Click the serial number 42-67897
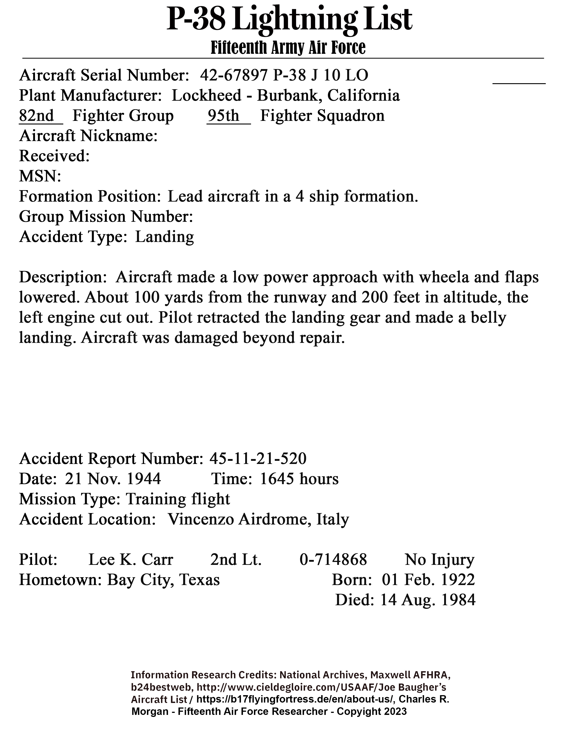(x=234, y=75)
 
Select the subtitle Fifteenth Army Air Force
(x=288, y=48)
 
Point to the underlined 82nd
(x=37, y=116)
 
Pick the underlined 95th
(x=224, y=116)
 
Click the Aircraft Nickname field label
(x=88, y=136)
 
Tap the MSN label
(x=40, y=176)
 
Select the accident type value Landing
(x=164, y=237)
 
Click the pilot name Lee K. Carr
(x=131, y=560)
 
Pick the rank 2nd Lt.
(x=236, y=560)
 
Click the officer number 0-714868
(x=333, y=560)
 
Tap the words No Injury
(x=439, y=560)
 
